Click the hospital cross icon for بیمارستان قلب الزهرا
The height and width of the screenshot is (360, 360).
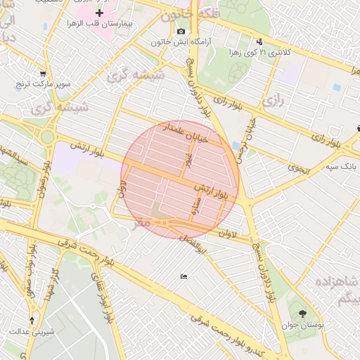coord(99,13)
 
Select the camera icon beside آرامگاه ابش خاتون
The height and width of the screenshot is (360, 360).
coord(181,32)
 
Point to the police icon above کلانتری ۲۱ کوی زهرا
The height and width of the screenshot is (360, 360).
coord(259,41)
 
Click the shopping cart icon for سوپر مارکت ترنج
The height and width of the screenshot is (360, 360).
coord(43,74)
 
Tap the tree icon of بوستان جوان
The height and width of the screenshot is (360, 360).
coord(302,314)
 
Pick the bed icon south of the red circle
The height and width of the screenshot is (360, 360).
coord(184,276)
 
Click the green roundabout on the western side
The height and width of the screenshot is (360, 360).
coord(48,136)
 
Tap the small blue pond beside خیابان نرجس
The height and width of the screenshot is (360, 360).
coord(235,145)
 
